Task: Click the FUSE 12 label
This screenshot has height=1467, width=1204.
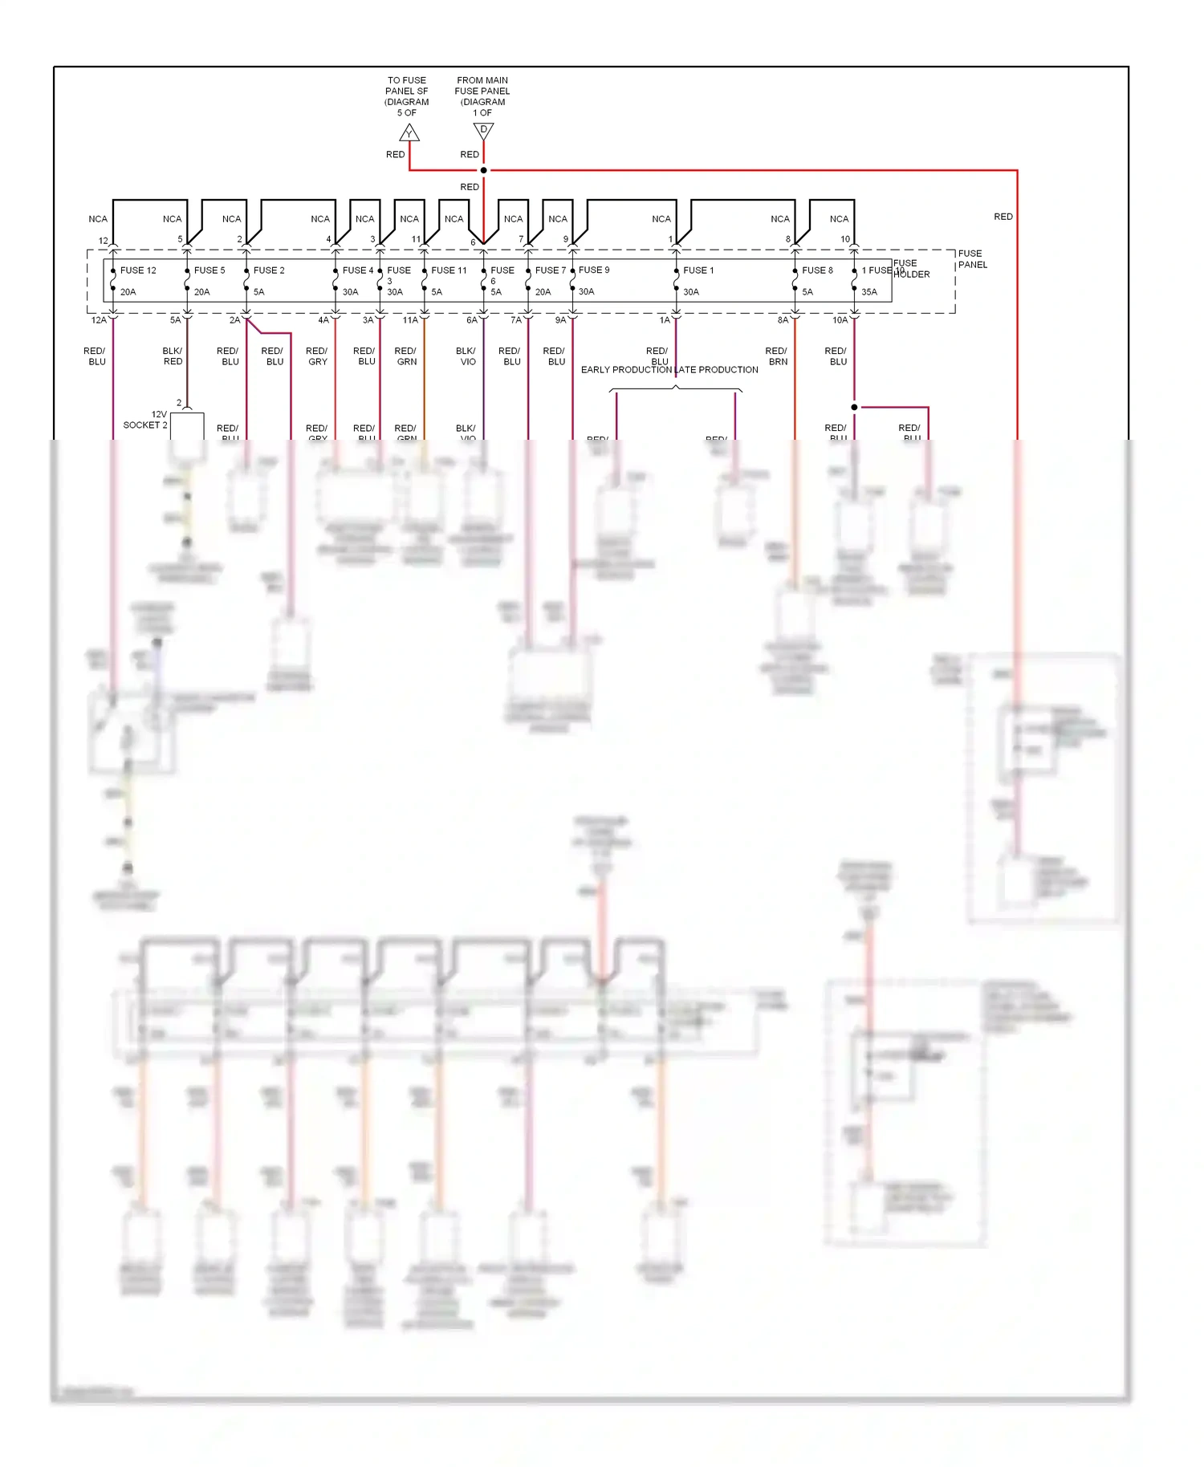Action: pos(138,270)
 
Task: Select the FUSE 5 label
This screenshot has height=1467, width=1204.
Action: pos(209,270)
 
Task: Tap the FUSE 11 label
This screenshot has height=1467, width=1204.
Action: pos(449,270)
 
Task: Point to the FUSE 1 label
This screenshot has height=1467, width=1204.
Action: pos(698,270)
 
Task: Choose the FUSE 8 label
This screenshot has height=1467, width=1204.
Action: pos(817,270)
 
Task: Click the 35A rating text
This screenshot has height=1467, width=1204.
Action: pos(869,292)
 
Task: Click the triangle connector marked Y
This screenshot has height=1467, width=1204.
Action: pos(409,133)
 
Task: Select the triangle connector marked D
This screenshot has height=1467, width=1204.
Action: pos(483,130)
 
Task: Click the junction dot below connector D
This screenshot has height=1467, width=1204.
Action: pos(483,170)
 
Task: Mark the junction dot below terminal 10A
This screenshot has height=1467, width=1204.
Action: pos(854,408)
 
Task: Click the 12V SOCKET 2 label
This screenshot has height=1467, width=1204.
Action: pos(146,420)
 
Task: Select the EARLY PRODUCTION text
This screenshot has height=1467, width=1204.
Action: pos(626,370)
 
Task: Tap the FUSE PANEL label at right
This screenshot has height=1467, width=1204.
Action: pos(972,259)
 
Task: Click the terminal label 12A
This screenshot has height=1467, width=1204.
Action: pos(99,320)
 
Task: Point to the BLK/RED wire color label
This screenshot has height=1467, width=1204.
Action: pos(173,356)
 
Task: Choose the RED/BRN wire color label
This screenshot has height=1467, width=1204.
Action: pos(776,356)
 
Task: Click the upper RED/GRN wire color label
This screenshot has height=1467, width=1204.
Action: pos(406,356)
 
